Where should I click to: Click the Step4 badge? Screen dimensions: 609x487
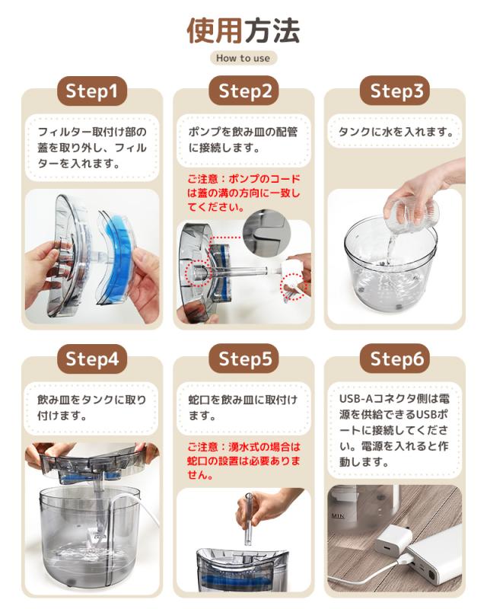tap(91, 359)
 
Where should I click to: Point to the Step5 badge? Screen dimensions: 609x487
tap(244, 359)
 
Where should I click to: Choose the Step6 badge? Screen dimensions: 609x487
tap(396, 359)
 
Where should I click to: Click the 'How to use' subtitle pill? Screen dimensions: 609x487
tap(243, 58)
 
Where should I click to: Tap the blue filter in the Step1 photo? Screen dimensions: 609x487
tap(119, 252)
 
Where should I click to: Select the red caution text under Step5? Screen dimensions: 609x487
tap(243, 461)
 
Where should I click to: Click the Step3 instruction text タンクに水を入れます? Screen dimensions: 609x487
tap(396, 132)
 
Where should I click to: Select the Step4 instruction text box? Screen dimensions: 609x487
tap(91, 407)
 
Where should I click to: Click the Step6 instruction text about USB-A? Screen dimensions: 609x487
tap(396, 429)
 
